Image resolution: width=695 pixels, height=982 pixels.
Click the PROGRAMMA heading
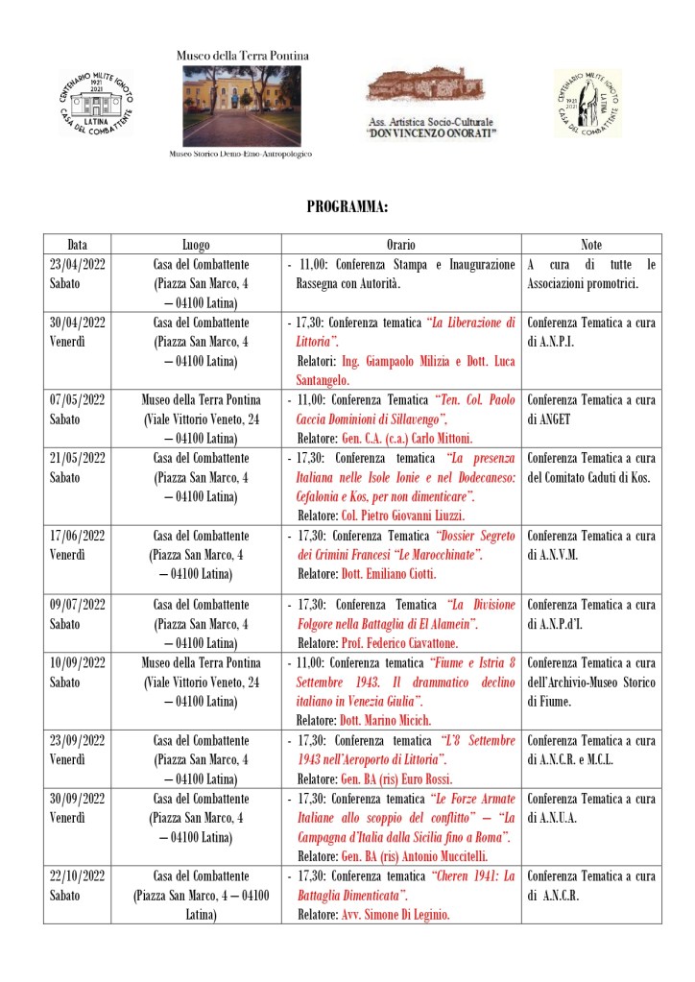(x=347, y=206)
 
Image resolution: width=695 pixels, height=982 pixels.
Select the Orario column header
(x=400, y=245)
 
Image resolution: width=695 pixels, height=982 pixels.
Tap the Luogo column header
(x=196, y=245)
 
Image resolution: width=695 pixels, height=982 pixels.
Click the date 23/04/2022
(x=77, y=264)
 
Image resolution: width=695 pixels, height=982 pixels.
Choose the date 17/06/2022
(x=77, y=535)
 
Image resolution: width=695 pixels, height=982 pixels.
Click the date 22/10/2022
(x=77, y=875)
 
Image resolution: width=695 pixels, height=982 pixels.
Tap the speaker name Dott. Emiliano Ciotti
(x=388, y=574)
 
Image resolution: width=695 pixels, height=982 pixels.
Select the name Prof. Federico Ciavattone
(x=403, y=642)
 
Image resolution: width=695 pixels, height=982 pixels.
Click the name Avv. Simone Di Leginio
(x=395, y=915)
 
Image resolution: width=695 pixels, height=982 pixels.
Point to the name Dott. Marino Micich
(x=385, y=720)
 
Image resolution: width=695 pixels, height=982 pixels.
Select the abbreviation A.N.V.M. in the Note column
(x=561, y=555)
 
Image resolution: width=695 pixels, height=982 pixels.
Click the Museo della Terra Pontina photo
(x=241, y=106)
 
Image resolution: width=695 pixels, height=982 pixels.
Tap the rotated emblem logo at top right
(x=587, y=103)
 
